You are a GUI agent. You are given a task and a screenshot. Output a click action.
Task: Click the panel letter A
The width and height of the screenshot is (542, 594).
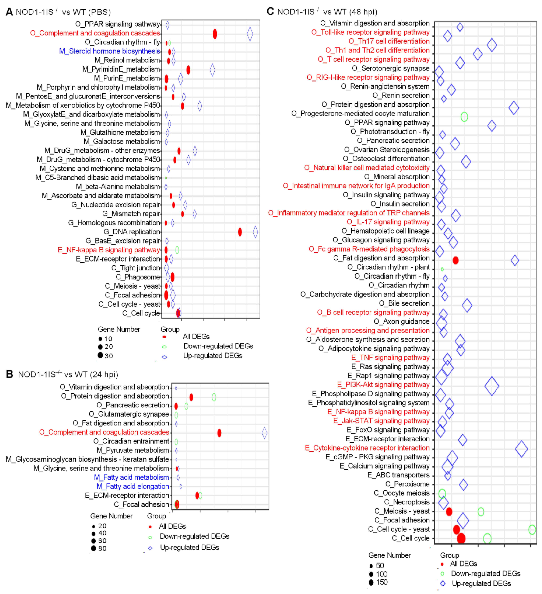(9, 12)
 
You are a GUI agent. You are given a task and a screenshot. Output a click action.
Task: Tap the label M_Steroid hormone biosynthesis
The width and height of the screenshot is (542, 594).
(110, 51)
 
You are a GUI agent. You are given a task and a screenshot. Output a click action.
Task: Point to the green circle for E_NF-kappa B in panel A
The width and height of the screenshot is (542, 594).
(177, 250)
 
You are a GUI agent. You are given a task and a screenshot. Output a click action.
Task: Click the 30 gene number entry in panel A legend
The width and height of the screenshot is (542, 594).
(105, 356)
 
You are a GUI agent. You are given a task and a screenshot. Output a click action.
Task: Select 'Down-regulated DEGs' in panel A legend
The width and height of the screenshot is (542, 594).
(218, 346)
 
